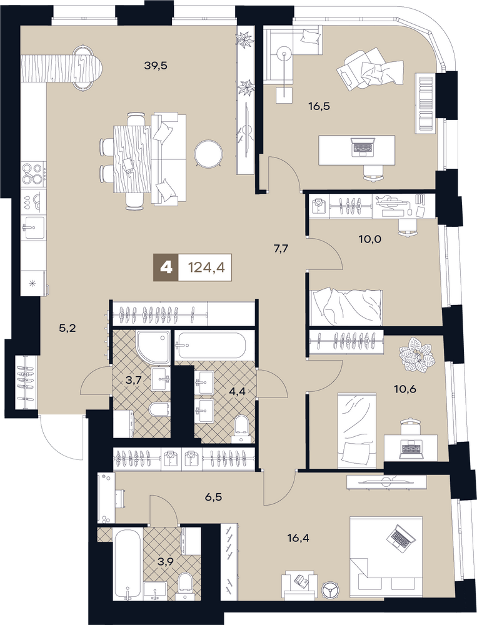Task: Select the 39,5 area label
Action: point(155,66)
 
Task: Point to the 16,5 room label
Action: point(320,106)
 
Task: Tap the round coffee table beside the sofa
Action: point(209,152)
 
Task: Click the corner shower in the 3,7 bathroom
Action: point(153,347)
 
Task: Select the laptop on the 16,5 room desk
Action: point(362,147)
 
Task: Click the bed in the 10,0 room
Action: point(346,308)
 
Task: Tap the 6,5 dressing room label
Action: point(214,497)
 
